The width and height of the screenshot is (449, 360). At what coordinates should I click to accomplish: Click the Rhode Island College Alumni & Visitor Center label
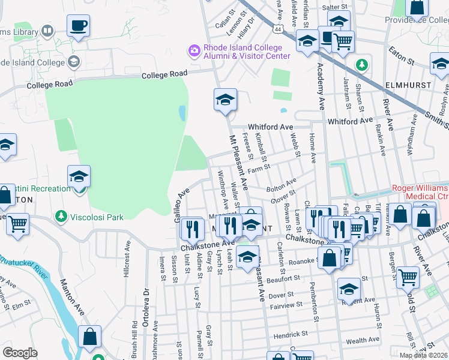pyautogui.click(x=247, y=52)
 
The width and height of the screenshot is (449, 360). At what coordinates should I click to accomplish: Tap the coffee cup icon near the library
pyautogui.click(x=78, y=26)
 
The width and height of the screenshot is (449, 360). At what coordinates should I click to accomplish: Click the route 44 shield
pyautogui.click(x=277, y=28)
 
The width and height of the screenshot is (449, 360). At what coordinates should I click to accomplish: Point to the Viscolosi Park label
pyautogui.click(x=96, y=215)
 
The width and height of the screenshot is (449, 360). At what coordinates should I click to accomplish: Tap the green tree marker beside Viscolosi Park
pyautogui.click(x=61, y=215)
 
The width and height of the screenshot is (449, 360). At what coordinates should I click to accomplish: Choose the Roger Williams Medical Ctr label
pyautogui.click(x=420, y=192)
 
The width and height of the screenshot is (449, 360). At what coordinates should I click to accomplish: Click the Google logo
pyautogui.click(x=20, y=353)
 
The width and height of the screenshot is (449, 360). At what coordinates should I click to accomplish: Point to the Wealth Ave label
pyautogui.click(x=363, y=340)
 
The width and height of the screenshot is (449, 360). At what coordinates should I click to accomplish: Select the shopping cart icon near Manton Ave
pyautogui.click(x=18, y=224)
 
